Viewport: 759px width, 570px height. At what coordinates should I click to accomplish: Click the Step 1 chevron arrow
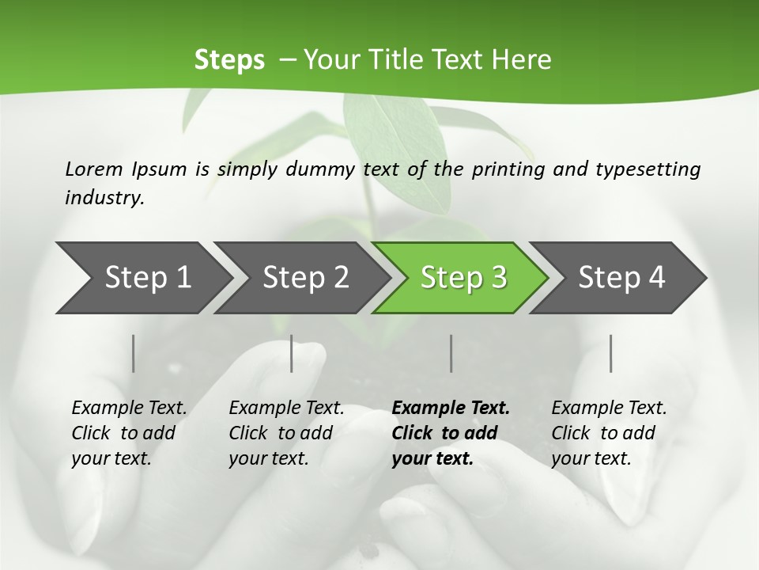142,278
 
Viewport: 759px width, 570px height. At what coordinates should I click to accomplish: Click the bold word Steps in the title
229,60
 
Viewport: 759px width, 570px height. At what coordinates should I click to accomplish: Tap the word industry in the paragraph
104,197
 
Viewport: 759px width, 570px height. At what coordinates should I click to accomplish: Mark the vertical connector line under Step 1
133,353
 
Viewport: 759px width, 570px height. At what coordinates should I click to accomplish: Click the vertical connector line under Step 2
292,353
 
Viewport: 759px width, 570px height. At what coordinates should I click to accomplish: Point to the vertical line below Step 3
451,353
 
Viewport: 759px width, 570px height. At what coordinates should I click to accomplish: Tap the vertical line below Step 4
610,353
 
